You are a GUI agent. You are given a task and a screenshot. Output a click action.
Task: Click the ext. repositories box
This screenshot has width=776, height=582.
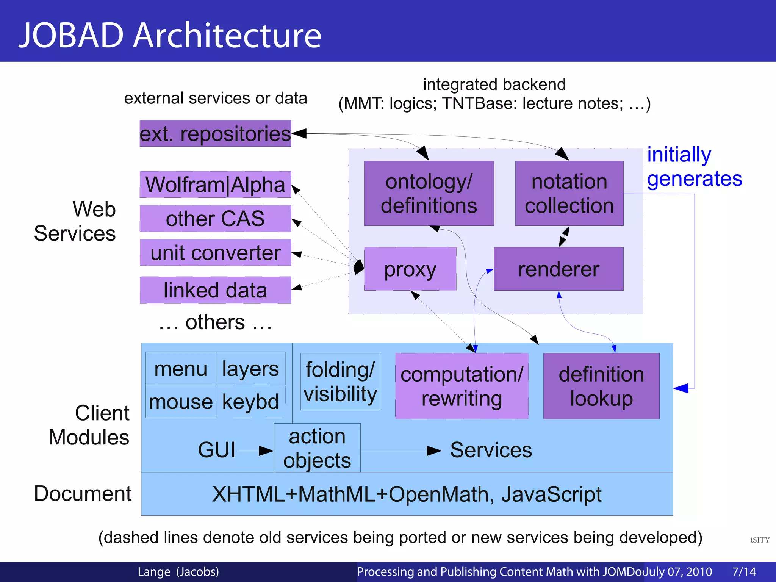(x=215, y=134)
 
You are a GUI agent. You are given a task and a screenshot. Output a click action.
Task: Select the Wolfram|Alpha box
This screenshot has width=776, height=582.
(x=215, y=185)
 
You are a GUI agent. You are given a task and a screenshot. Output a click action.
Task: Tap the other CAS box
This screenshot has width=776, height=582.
(x=215, y=219)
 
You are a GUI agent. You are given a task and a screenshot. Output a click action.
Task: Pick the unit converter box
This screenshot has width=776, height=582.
(x=215, y=253)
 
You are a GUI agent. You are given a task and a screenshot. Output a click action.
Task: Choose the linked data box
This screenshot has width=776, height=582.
(x=215, y=290)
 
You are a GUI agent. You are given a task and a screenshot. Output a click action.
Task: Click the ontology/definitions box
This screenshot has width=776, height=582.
(x=429, y=193)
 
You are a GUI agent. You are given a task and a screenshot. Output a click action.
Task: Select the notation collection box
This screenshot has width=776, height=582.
(x=569, y=193)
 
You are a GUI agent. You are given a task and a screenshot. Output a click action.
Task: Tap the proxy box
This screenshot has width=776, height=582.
(x=410, y=269)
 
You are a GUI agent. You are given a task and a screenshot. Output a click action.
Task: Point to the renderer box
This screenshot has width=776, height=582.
(x=559, y=269)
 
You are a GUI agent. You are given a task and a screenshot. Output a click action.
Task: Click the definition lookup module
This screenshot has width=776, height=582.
(x=601, y=386)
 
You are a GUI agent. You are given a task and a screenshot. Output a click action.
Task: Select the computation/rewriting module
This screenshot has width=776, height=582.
(x=462, y=386)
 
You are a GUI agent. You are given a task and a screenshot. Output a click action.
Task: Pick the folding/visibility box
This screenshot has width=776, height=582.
(x=340, y=382)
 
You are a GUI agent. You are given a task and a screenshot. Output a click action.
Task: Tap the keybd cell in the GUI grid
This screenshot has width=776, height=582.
(x=250, y=402)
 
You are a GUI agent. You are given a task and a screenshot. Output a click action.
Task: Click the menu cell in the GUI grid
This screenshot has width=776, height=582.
(x=181, y=369)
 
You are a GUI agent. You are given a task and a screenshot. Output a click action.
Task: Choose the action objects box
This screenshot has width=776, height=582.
(x=317, y=448)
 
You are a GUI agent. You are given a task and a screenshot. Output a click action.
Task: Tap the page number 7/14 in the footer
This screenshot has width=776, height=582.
(x=744, y=571)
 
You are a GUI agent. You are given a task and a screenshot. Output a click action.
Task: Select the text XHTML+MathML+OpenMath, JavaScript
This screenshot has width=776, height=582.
(x=407, y=494)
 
